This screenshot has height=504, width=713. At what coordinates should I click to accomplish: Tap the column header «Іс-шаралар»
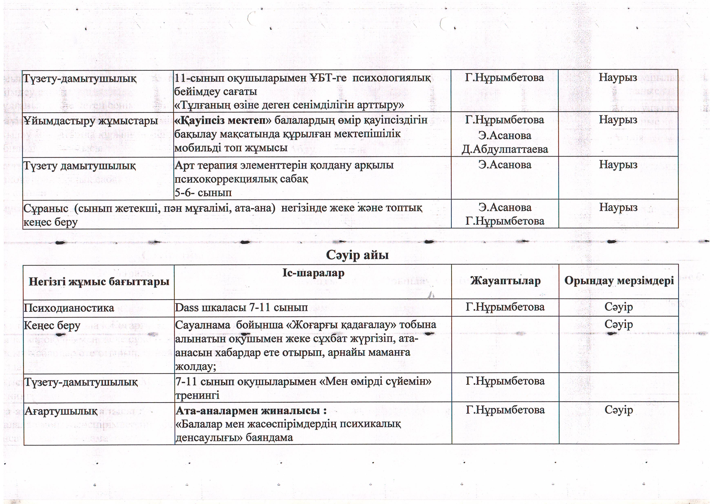click(x=313, y=273)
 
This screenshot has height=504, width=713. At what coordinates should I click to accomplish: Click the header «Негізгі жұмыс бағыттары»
click(x=99, y=282)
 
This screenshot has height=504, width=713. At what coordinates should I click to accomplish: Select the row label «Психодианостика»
click(x=69, y=308)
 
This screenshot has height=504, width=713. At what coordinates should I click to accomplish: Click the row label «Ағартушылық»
click(x=61, y=411)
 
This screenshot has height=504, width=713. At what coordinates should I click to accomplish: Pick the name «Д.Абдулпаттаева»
click(x=505, y=149)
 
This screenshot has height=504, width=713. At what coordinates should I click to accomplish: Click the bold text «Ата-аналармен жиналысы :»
click(x=251, y=411)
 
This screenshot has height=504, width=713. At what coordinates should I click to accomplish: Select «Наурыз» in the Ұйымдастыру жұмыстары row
click(x=618, y=120)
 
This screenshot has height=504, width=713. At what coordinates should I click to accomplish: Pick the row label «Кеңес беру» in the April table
click(x=52, y=325)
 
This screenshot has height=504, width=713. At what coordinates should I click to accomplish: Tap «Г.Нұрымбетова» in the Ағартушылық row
click(x=505, y=410)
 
